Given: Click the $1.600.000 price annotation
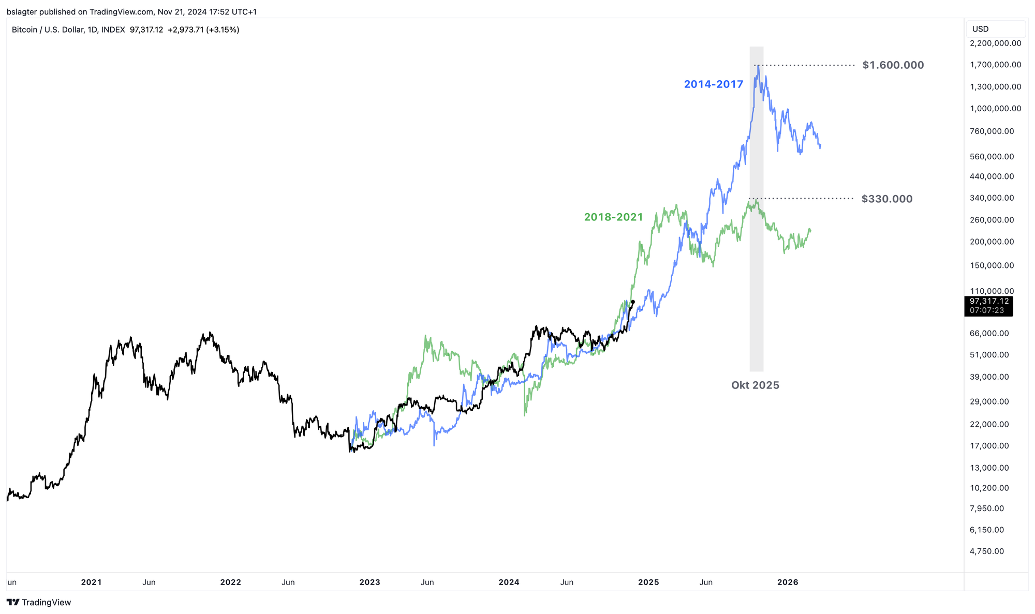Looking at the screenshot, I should coord(893,65).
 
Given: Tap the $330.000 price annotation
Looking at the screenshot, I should coord(886,199).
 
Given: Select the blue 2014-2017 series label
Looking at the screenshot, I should coord(713,84).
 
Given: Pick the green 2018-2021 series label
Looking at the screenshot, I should coord(613,217).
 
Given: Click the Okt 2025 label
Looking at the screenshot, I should coord(755,385).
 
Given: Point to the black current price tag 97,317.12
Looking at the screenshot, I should coord(989,301).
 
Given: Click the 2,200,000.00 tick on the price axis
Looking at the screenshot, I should coord(995,43).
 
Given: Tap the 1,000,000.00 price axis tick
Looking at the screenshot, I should coord(995,109).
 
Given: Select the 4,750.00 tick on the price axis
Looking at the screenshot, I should coord(986,551).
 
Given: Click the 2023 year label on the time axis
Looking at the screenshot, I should coord(369,582).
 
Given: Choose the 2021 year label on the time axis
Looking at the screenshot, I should coord(91,582).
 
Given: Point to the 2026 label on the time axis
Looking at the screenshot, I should coord(788,582).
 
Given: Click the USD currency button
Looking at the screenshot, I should coord(981,29).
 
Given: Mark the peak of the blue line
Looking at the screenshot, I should coord(758,66).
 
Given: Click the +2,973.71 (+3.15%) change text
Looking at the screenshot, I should coord(203,30).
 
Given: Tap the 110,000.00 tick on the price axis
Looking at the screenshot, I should coord(992,291).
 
